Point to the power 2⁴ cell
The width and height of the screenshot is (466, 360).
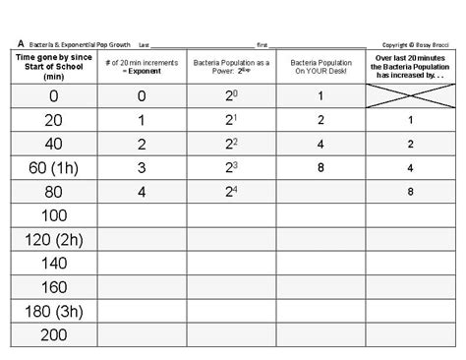coord(230,192)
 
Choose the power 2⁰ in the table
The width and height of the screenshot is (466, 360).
coord(230,96)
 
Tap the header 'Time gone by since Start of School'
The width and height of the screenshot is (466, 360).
coord(54,66)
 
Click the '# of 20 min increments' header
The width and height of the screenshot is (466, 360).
coord(141,67)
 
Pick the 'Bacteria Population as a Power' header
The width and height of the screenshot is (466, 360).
coord(230,67)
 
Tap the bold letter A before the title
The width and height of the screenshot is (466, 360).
coord(20,44)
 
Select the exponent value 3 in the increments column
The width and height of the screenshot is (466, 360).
coord(141,168)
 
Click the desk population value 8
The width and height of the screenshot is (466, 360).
coord(321,168)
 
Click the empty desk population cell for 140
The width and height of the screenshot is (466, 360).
coord(321,264)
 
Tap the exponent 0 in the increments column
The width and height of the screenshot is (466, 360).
coord(141,96)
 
